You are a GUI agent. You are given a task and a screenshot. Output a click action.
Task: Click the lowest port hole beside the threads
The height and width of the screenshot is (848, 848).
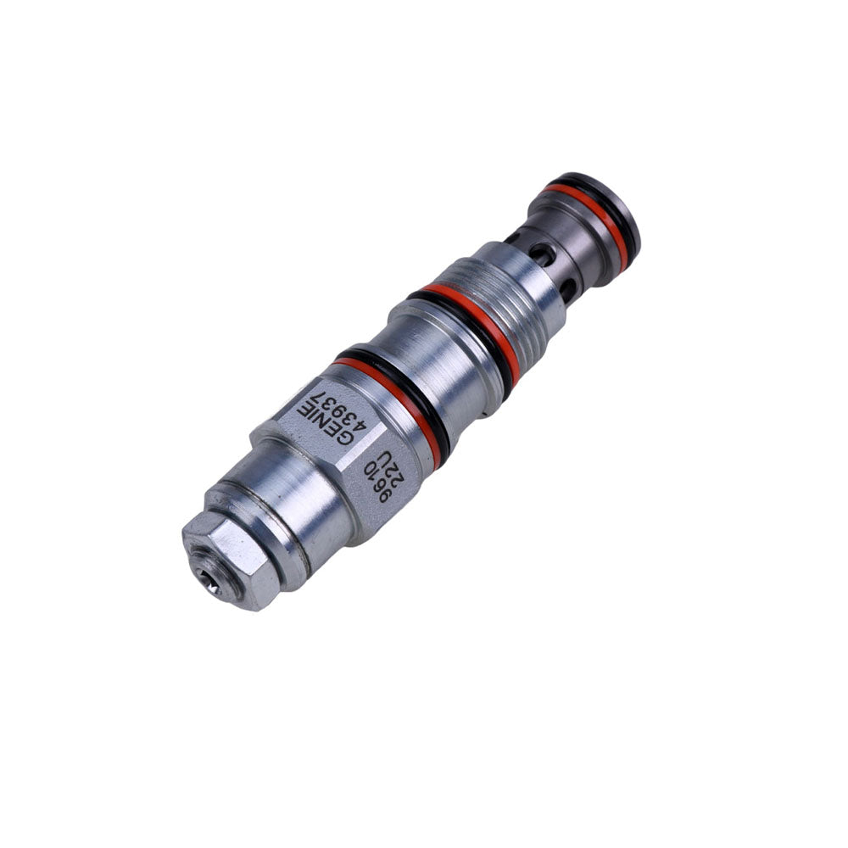point(566,290)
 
